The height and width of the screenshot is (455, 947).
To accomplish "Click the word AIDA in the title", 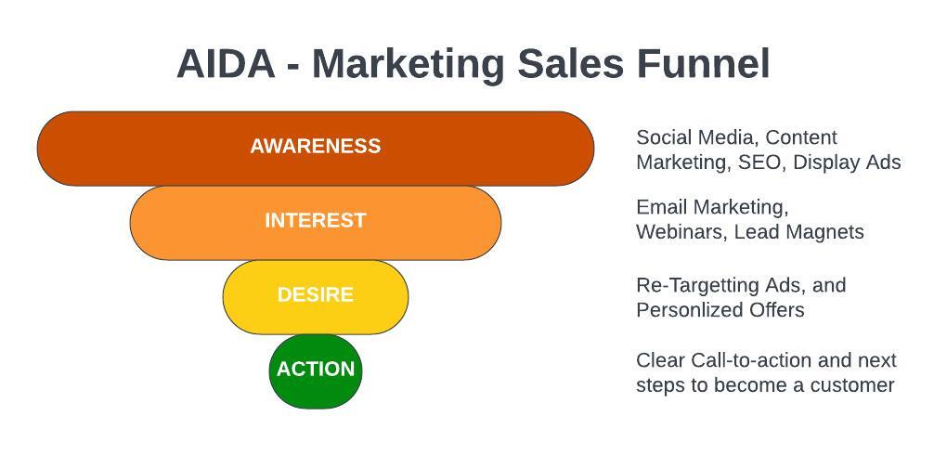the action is click(226, 63).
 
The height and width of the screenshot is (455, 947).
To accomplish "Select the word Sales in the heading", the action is click(570, 63).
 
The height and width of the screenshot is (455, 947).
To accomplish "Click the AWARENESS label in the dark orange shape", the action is click(316, 146).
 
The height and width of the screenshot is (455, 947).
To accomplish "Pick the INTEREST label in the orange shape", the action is click(316, 221).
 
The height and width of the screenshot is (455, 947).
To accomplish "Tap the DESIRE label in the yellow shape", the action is click(316, 295).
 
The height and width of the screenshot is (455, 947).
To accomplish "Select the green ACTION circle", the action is click(316, 371).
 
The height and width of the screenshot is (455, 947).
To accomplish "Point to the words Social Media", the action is click(695, 137).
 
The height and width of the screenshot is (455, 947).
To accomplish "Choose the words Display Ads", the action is click(847, 162).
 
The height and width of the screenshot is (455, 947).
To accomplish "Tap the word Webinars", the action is click(680, 232).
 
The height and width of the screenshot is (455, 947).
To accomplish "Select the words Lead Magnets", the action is click(798, 232).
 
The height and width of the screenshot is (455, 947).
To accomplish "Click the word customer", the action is click(852, 385).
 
